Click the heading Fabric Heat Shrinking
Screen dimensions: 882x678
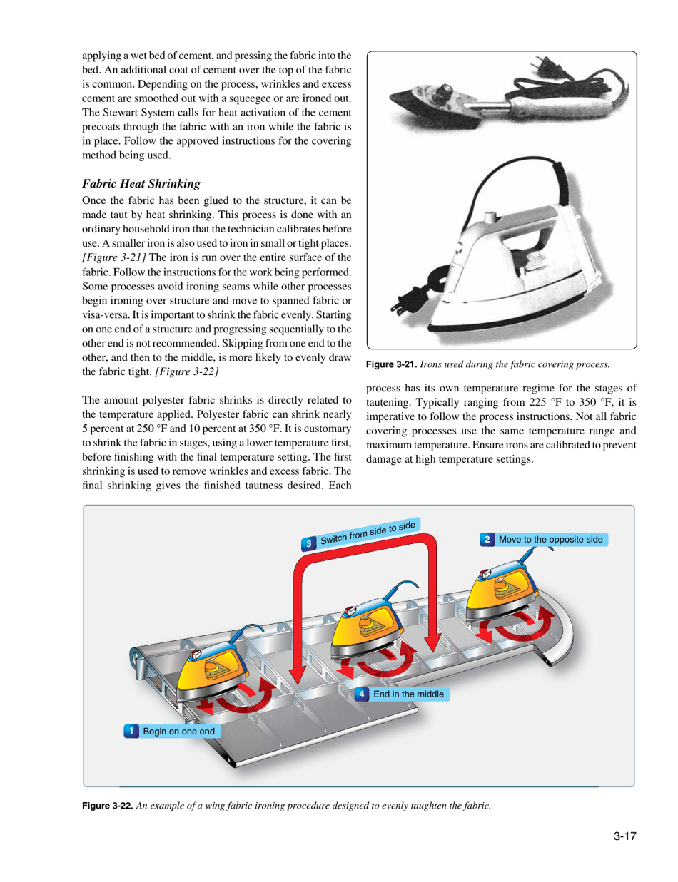[140, 183]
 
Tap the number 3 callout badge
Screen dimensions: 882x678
[308, 544]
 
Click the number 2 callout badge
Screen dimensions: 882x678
[487, 539]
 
